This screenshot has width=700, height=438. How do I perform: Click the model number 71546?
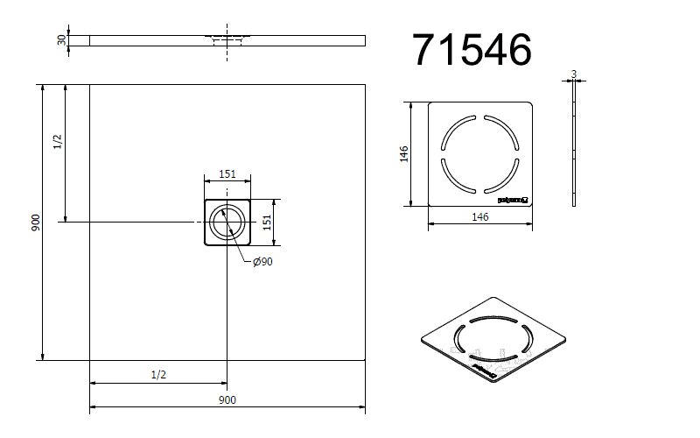pyautogui.click(x=472, y=51)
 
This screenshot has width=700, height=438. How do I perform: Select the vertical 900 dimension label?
pyautogui.click(x=36, y=222)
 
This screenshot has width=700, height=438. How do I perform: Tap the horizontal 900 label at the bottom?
pyautogui.click(x=227, y=400)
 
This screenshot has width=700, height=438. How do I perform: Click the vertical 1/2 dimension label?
pyautogui.click(x=58, y=142)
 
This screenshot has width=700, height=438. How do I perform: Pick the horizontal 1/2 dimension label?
pyautogui.click(x=158, y=374)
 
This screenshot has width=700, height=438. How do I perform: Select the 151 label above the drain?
pyautogui.click(x=227, y=174)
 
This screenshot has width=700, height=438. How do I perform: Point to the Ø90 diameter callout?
pyautogui.click(x=262, y=263)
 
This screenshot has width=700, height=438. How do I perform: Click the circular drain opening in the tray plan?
pyautogui.click(x=227, y=223)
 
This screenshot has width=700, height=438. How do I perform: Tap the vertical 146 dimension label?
pyautogui.click(x=403, y=154)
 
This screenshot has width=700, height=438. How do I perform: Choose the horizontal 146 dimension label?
pyautogui.click(x=479, y=218)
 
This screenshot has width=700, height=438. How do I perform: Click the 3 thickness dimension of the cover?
pyautogui.click(x=572, y=74)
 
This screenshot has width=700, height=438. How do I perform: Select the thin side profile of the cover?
pyautogui.click(x=573, y=145)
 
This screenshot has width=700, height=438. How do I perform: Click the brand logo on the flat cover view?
pyautogui.click(x=514, y=200)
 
